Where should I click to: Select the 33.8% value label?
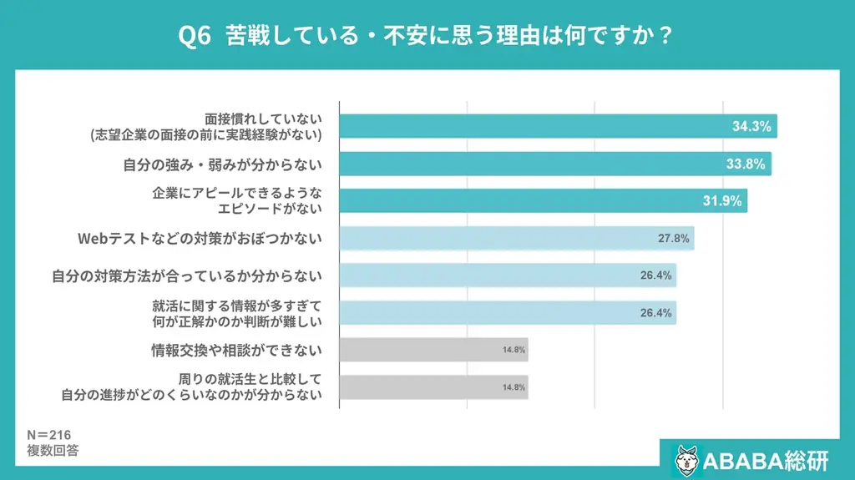(746, 164)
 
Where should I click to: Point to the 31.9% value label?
(722, 201)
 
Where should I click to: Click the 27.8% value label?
(673, 239)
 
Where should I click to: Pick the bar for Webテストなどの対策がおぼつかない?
(517, 239)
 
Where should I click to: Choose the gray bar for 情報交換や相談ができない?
(434, 350)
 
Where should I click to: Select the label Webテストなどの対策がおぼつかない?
(200, 239)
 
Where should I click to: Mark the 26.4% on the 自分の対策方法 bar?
(657, 275)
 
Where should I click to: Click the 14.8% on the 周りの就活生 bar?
(514, 387)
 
